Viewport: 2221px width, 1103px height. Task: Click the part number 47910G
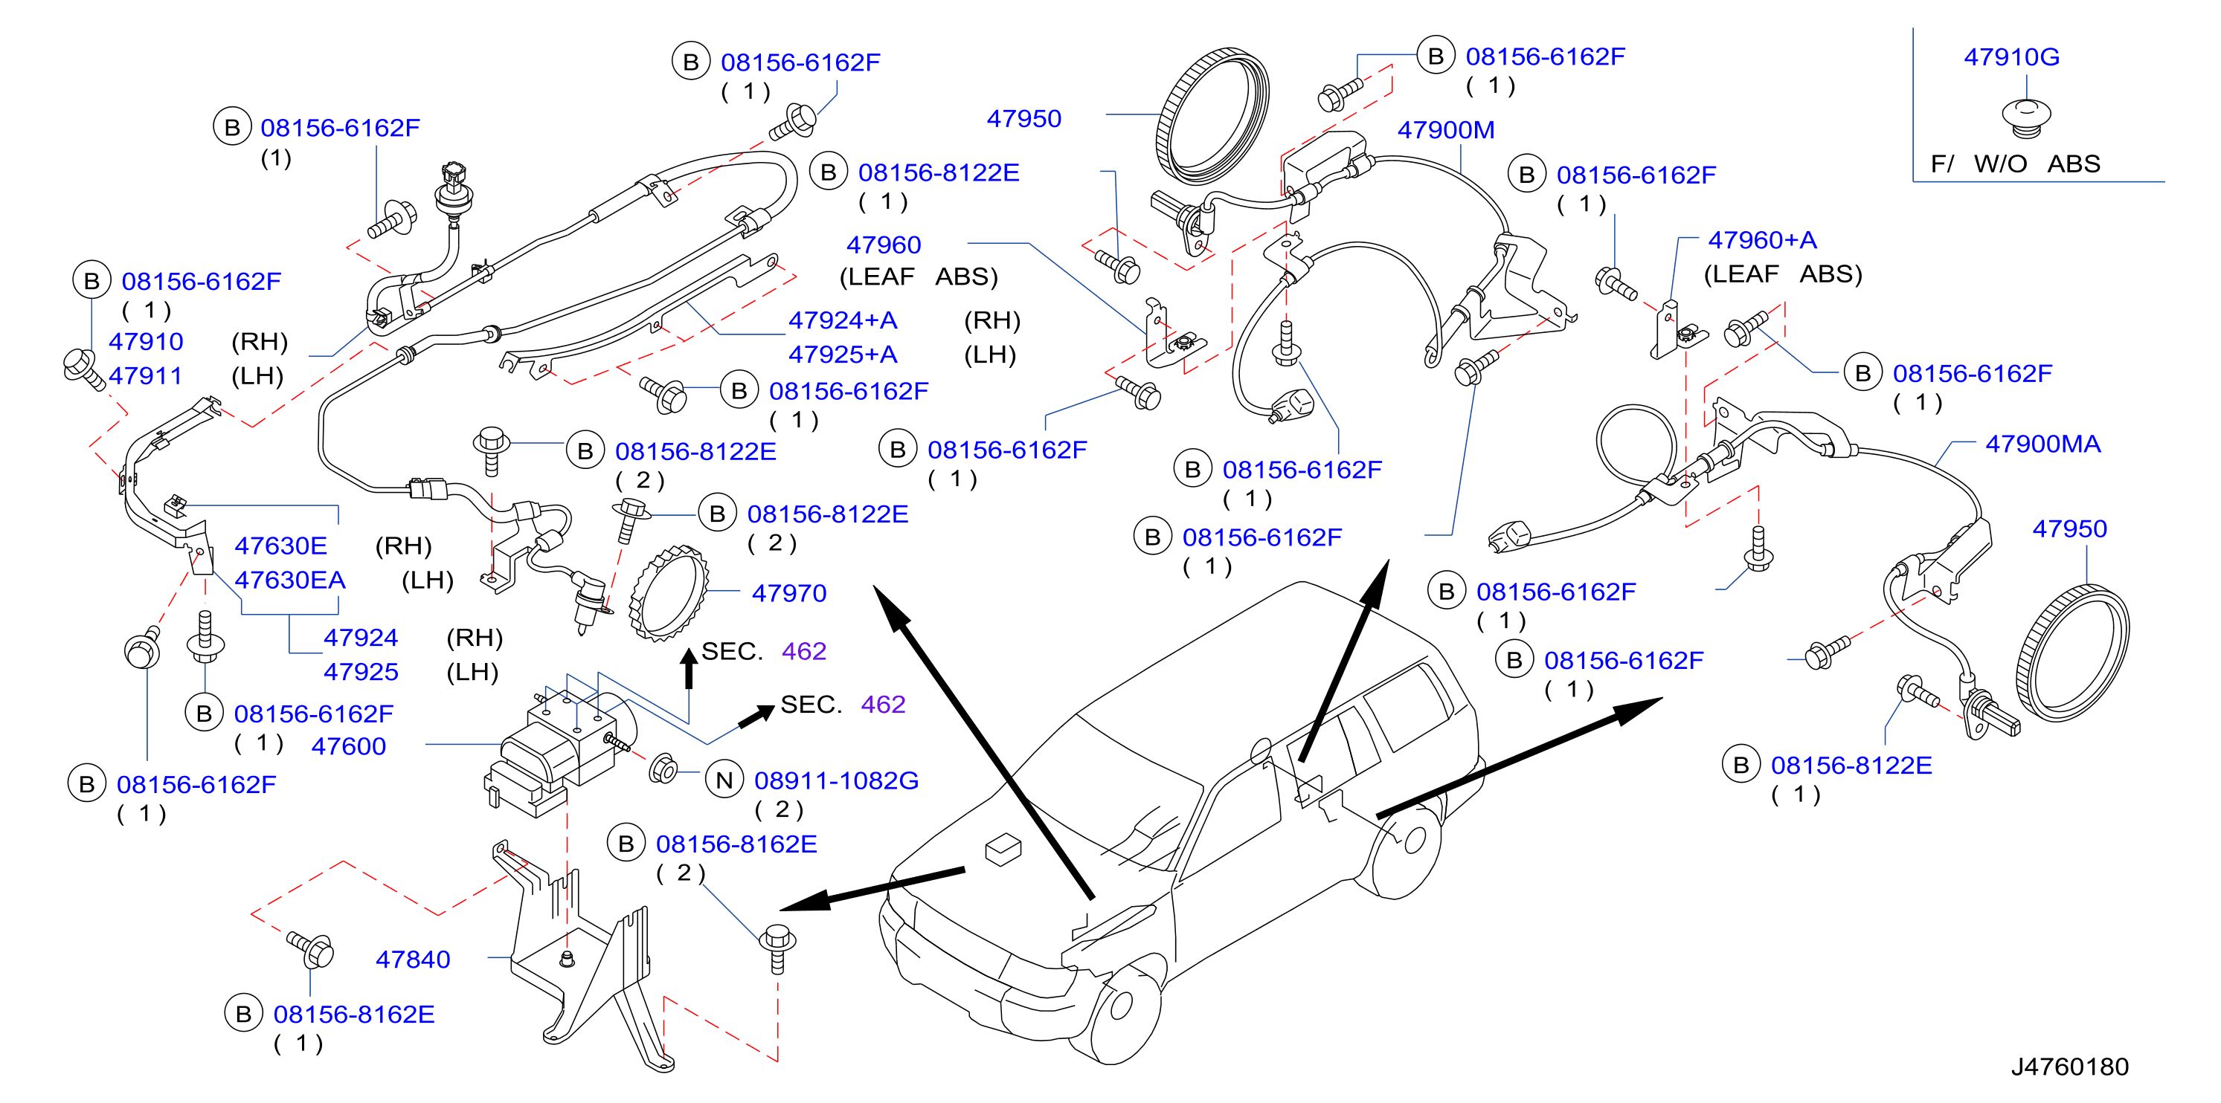[2011, 57]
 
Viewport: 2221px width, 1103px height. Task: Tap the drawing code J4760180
[2069, 1067]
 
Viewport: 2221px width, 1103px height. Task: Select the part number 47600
[348, 746]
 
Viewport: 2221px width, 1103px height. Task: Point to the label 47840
[413, 959]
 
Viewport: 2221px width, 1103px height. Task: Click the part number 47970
[789, 593]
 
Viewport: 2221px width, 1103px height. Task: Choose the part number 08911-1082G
[836, 780]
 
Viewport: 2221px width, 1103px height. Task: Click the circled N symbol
[724, 780]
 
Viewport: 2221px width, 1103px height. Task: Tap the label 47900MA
[2042, 444]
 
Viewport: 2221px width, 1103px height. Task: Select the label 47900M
[1446, 130]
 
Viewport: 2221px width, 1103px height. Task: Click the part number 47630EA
[289, 580]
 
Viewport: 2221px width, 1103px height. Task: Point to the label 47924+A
[843, 320]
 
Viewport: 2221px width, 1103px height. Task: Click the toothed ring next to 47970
[669, 593]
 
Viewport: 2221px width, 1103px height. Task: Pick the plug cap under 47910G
[2026, 117]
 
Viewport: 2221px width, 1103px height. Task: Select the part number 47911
[146, 375]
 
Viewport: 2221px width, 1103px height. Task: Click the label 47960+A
[1762, 239]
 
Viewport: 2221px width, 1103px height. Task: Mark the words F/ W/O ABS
[2015, 164]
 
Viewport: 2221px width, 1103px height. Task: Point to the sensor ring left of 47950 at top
[1212, 117]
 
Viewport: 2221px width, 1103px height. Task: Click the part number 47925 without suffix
[361, 671]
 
